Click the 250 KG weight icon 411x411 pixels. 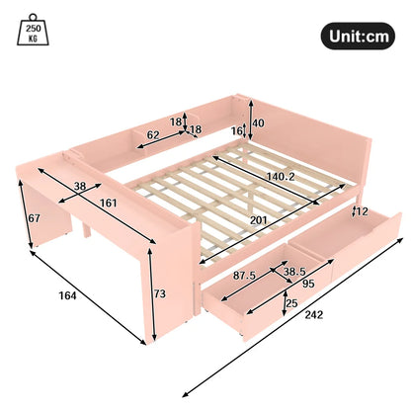(34, 34)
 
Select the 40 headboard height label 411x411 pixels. (258, 124)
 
